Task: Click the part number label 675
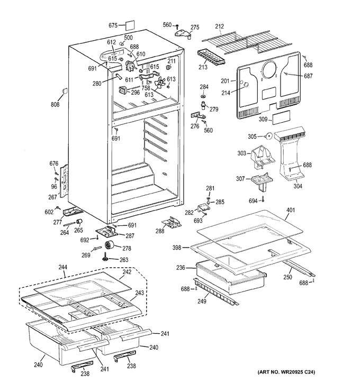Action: point(113,25)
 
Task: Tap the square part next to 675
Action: point(130,25)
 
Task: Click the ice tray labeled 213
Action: point(211,58)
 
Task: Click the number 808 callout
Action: point(55,104)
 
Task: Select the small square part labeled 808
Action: point(65,91)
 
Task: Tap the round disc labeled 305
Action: point(269,136)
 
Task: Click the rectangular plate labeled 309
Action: point(281,117)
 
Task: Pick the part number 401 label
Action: point(290,210)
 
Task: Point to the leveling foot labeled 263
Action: point(105,258)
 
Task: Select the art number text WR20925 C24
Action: point(296,372)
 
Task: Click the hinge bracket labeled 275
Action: point(183,33)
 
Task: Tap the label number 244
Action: point(63,267)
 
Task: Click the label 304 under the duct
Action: point(298,186)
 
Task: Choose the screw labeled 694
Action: point(263,199)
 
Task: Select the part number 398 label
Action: point(177,248)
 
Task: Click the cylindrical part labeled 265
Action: point(79,222)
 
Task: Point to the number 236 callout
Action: point(181,268)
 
